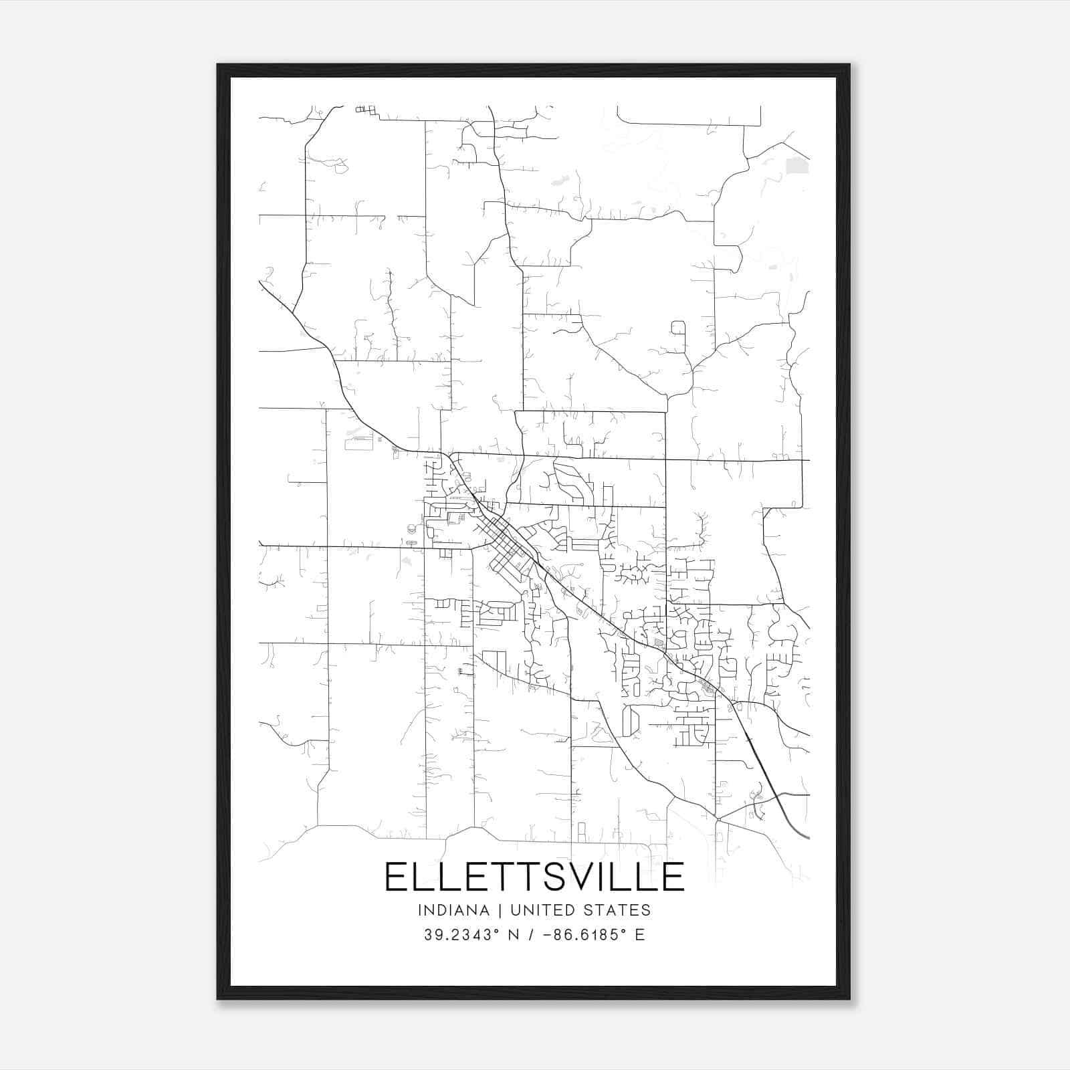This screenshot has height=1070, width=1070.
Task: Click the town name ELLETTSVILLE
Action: [534, 877]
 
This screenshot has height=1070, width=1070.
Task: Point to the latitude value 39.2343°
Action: [461, 935]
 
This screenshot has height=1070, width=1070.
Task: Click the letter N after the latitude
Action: [514, 935]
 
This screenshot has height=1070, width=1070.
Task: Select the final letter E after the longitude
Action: [640, 935]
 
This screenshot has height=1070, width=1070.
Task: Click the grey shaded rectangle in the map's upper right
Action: [796, 165]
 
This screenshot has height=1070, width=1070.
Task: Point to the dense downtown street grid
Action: [506, 547]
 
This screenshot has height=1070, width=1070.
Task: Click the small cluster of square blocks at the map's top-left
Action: [365, 110]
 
